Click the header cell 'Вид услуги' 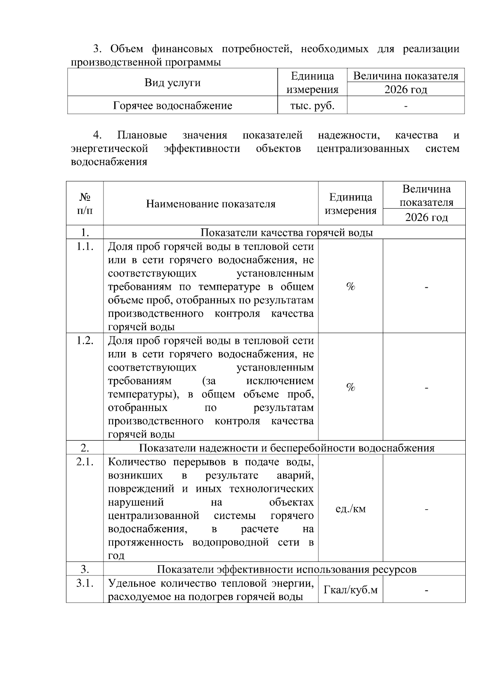[172, 82]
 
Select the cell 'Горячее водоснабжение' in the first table [172, 106]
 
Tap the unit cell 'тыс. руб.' [312, 106]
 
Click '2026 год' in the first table [405, 89]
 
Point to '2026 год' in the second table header [426, 217]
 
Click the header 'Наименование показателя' [210, 204]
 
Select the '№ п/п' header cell [85, 204]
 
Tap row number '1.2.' [85, 341]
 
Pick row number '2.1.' [85, 462]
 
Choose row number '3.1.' [85, 583]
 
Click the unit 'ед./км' [351, 509]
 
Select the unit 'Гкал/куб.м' [351, 590]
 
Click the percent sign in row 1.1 [351, 287]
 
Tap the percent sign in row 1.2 [351, 387]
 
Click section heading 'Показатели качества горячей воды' [286, 233]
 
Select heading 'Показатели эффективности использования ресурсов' [286, 569]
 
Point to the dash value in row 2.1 [426, 509]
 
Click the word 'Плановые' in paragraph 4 [142, 135]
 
